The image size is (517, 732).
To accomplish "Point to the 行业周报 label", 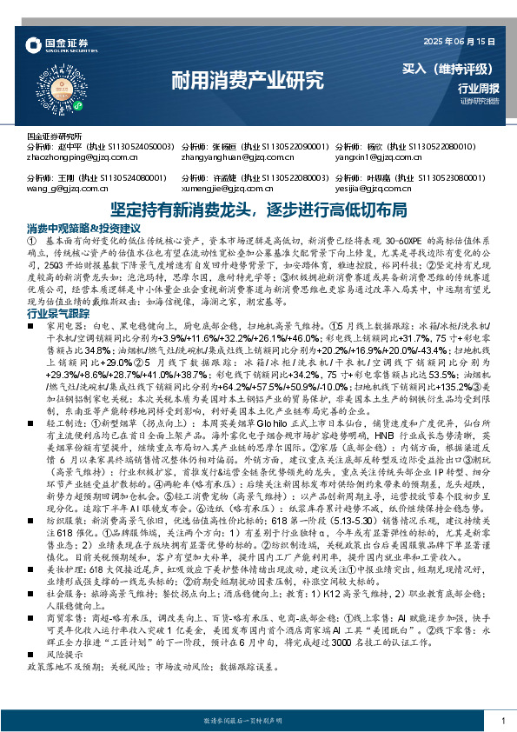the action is click(x=476, y=88).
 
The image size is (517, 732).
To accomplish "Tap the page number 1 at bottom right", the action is click(x=503, y=721).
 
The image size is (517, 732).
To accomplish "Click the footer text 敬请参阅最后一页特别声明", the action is click(x=258, y=721).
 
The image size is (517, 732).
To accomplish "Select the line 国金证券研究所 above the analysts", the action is click(x=54, y=137).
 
